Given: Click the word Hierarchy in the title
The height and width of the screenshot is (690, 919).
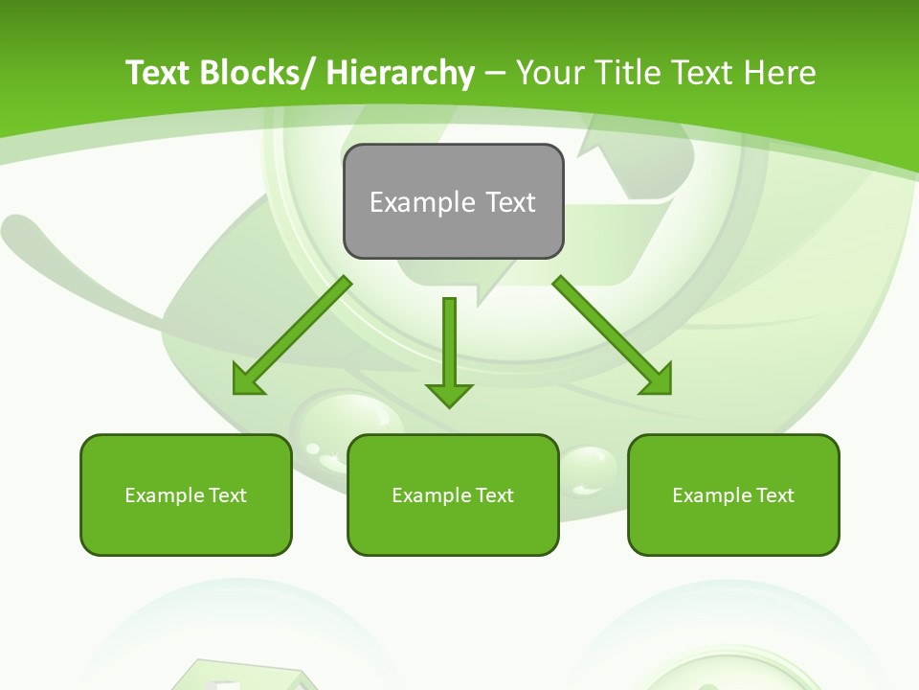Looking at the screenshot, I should [x=400, y=73].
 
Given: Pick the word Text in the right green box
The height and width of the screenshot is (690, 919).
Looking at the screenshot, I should [x=773, y=495].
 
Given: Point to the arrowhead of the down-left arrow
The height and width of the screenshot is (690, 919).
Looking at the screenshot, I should [x=247, y=380].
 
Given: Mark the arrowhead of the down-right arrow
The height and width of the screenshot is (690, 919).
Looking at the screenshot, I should [x=658, y=380].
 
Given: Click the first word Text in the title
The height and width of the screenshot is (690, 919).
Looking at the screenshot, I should [x=159, y=73].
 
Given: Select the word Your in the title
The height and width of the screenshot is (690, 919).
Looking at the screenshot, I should [x=549, y=73].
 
